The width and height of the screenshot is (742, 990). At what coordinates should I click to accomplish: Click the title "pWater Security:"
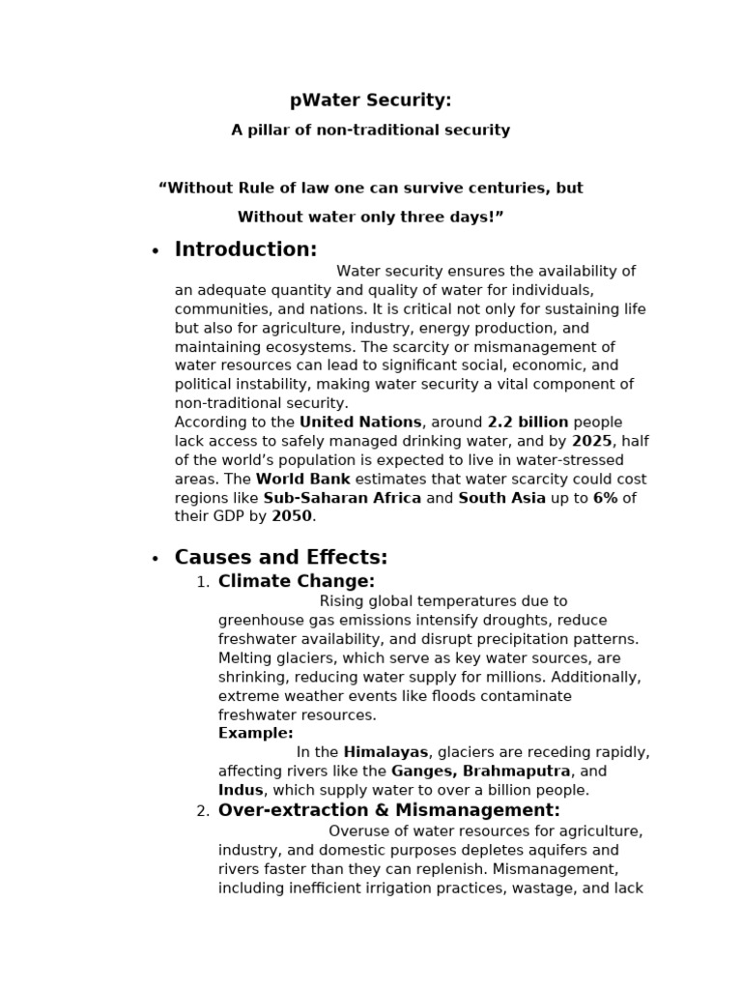point(370,101)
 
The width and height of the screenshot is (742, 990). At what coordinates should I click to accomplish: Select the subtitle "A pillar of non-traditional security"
point(370,130)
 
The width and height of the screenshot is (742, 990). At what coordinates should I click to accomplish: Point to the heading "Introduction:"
point(245,249)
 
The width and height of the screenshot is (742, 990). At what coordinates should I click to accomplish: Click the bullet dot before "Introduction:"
point(155,251)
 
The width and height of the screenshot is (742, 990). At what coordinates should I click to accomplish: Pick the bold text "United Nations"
point(360,422)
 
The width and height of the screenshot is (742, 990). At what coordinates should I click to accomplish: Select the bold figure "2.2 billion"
point(528,422)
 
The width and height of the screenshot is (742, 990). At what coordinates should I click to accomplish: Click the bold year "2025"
point(591,441)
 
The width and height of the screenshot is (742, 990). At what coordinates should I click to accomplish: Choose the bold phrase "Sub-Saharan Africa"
point(342,498)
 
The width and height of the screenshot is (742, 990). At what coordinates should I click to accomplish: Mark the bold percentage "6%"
point(605,498)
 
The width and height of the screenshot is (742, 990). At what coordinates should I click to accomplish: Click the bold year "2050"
point(292,516)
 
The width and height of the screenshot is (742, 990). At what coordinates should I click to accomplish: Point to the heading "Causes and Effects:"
point(280,558)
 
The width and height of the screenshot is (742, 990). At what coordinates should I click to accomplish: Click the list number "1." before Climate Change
point(202,582)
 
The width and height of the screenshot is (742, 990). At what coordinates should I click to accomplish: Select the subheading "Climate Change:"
point(296,581)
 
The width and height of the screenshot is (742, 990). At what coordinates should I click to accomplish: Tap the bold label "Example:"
point(256,734)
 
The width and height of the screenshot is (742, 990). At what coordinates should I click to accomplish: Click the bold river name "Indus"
point(241,790)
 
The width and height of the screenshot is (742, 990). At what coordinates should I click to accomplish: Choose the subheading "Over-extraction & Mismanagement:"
point(388,810)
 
